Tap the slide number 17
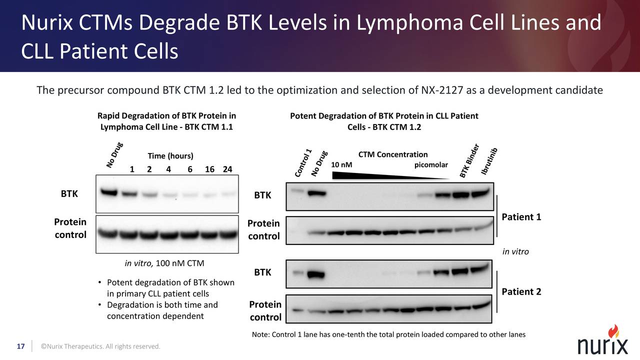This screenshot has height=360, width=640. (21, 346)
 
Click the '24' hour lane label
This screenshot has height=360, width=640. (227, 169)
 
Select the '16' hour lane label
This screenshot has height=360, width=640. (209, 169)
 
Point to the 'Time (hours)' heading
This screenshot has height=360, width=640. (170, 156)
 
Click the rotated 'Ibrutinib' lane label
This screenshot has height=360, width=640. (489, 161)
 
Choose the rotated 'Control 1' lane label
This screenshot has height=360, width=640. (303, 162)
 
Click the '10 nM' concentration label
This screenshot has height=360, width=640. (341, 165)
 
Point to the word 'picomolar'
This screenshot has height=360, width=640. (431, 165)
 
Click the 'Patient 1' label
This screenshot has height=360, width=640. (521, 217)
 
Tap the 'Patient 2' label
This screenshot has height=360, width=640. (521, 291)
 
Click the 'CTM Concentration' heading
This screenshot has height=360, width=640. (393, 154)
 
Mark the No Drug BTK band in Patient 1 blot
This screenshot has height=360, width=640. (316, 193)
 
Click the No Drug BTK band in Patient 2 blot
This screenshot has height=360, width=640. (316, 274)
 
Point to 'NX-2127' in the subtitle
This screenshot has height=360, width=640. (440, 90)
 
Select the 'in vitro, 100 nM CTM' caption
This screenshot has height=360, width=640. (164, 263)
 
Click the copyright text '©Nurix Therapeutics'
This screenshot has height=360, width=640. (100, 346)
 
